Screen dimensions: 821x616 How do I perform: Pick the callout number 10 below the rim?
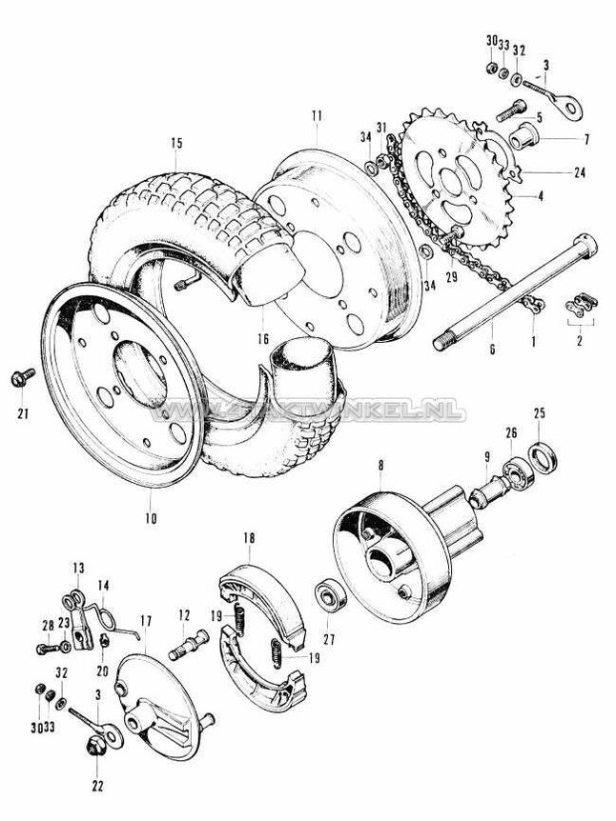click(x=151, y=519)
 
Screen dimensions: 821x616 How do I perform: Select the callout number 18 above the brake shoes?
click(x=250, y=538)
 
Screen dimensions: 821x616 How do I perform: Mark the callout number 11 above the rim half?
click(x=316, y=115)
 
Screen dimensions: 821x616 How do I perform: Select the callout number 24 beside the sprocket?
click(x=580, y=172)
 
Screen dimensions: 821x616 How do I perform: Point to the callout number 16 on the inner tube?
click(x=261, y=339)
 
